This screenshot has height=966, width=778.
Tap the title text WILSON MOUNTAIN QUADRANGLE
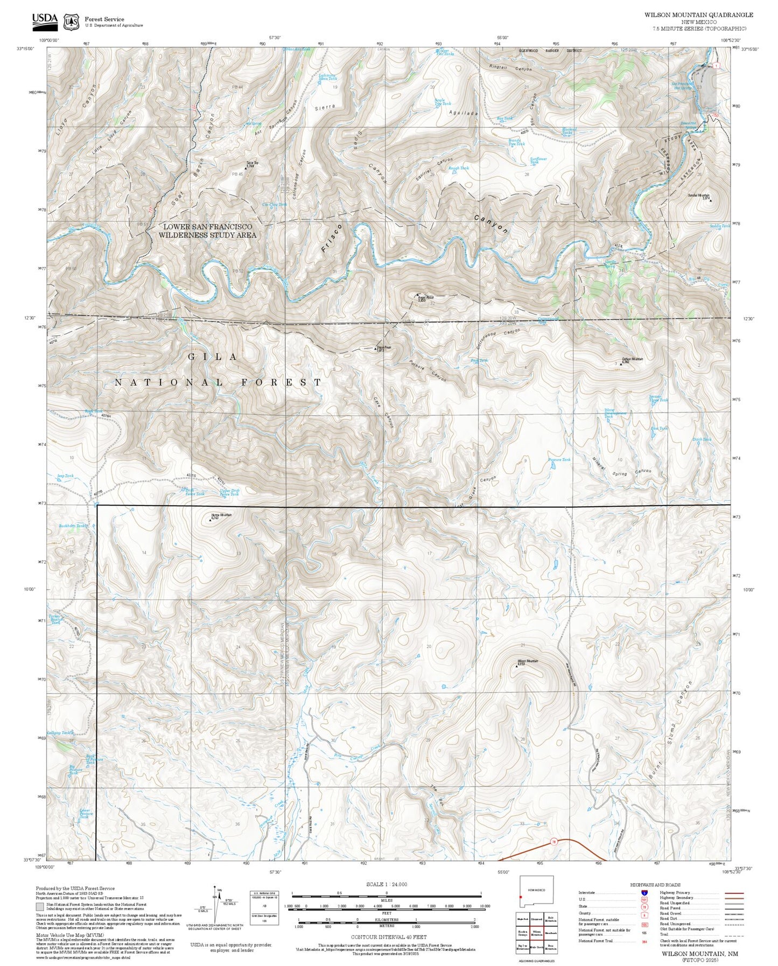(698, 15)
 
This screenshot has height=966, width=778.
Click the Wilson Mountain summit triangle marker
(517, 666)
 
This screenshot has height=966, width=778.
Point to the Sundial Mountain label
(698, 195)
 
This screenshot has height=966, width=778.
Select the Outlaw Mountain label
(632, 359)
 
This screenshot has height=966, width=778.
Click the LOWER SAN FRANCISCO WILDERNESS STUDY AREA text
(208, 230)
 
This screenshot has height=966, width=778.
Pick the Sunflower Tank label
(538, 160)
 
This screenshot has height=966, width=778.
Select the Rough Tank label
(458, 168)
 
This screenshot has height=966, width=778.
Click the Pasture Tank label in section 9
(558, 459)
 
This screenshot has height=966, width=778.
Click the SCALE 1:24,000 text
(386, 884)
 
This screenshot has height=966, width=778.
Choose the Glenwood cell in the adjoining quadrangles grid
(536, 919)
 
